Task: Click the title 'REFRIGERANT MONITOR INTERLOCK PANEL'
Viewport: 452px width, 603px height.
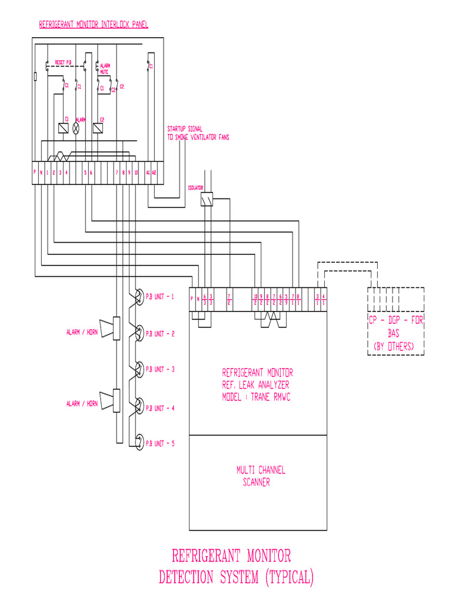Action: point(94,25)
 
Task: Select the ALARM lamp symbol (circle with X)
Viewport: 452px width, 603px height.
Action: point(75,128)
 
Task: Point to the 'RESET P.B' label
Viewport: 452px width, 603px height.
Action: point(63,62)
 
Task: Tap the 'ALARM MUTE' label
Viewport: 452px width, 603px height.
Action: point(105,69)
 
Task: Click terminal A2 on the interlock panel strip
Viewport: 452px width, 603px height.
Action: point(154,173)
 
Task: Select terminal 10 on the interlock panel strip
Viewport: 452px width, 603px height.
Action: point(136,173)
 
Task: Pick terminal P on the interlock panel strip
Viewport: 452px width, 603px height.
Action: point(35,173)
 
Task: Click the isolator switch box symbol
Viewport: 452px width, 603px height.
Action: point(207,201)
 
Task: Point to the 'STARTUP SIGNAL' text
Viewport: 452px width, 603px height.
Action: point(185,130)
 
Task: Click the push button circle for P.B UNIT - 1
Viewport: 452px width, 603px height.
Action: point(138,296)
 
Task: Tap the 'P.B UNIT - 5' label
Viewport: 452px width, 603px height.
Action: point(160,443)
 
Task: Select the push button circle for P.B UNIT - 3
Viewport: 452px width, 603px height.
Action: point(138,369)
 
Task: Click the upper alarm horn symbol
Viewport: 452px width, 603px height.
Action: point(109,329)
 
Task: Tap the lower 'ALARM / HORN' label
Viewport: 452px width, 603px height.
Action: point(82,404)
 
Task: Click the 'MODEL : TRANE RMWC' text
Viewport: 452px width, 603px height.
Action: point(256,397)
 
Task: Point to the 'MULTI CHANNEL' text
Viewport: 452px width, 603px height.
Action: point(261,471)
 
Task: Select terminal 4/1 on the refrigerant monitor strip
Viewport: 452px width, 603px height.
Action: point(324,299)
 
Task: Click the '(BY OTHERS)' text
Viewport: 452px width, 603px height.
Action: point(394,347)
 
